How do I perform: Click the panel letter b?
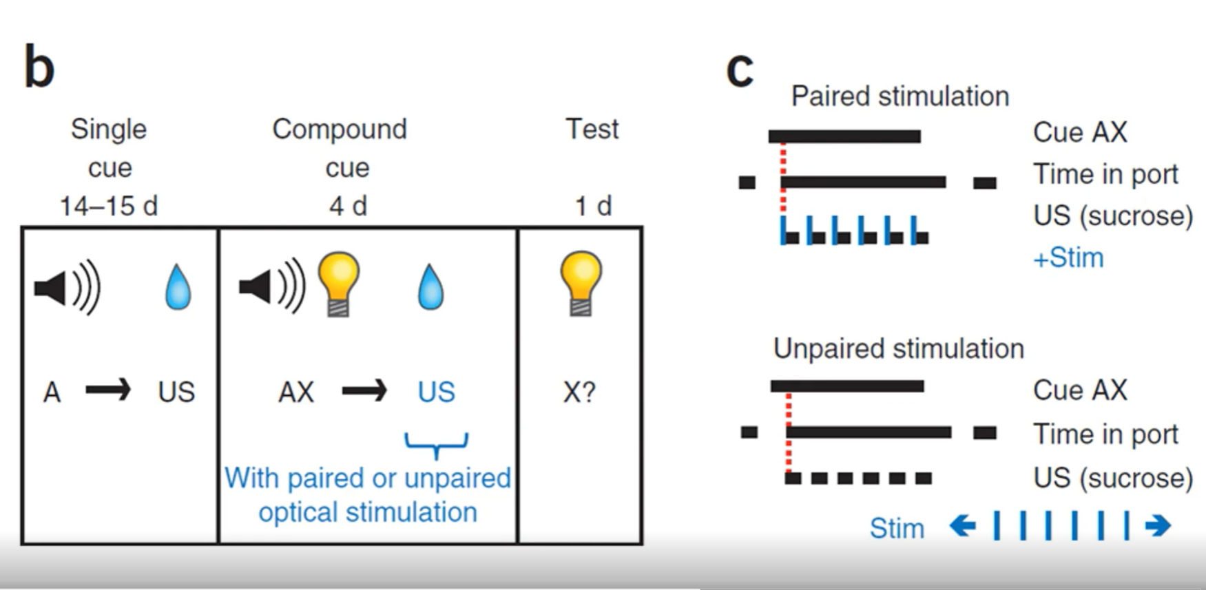tap(39, 67)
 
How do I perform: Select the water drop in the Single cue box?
tap(178, 287)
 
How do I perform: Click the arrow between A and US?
tap(108, 391)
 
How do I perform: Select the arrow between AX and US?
tap(364, 391)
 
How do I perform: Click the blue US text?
tap(436, 392)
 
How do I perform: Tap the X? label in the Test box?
tap(579, 392)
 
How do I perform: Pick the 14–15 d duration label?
tap(109, 206)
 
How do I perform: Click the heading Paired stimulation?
tap(900, 96)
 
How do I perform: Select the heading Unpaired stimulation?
tap(898, 349)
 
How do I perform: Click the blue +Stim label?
tap(1068, 258)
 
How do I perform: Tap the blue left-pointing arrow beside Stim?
tap(962, 527)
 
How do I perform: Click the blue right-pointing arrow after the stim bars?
tap(1157, 527)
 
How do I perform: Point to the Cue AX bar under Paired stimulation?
tap(844, 136)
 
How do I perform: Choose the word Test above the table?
tap(592, 129)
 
